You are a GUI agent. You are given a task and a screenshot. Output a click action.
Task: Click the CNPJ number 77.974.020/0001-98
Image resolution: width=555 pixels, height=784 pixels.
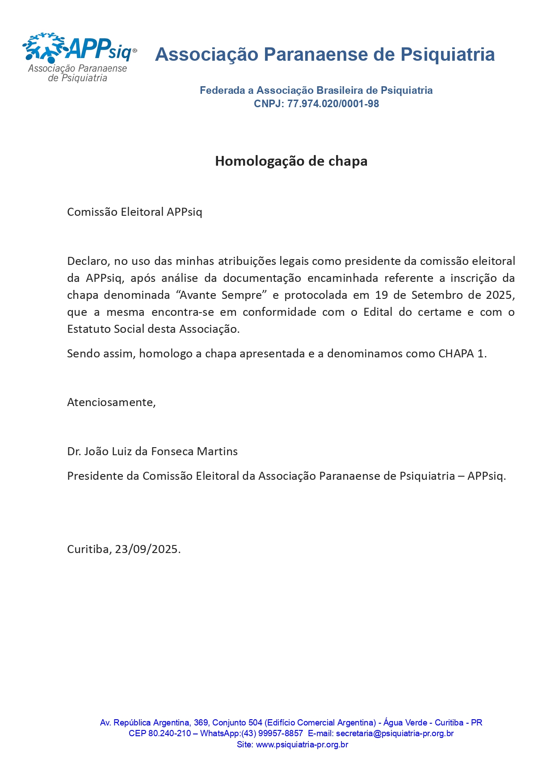click(x=333, y=104)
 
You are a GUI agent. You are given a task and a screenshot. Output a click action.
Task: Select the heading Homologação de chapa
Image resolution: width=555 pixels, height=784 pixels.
click(x=291, y=161)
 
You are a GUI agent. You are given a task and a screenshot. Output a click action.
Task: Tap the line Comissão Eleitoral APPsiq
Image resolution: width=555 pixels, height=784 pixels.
click(x=135, y=212)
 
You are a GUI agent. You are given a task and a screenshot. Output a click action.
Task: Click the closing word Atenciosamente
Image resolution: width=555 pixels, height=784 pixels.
click(x=111, y=402)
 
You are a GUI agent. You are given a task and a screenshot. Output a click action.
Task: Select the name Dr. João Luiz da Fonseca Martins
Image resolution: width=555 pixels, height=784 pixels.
click(x=152, y=452)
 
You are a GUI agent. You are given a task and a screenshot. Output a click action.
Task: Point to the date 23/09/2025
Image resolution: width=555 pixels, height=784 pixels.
click(x=147, y=549)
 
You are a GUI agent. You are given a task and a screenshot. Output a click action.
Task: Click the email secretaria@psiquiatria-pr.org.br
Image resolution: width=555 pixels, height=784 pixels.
click(x=395, y=734)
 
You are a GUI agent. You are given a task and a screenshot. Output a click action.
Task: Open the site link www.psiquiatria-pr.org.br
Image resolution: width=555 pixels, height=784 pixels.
click(x=302, y=745)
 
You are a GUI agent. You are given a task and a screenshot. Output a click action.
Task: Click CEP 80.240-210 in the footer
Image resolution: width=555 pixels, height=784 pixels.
click(x=160, y=734)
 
